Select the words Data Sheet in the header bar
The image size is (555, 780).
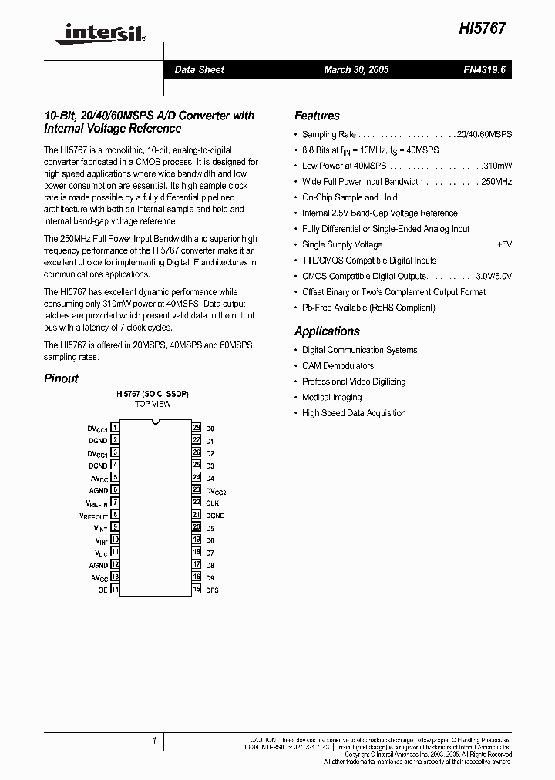199,69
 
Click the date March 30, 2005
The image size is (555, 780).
356,69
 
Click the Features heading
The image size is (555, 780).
317,116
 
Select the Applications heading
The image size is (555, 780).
327,331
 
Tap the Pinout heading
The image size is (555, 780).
61,378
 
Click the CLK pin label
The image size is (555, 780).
212,503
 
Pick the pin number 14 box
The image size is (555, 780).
115,590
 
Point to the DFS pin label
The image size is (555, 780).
212,590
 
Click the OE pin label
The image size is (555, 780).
103,590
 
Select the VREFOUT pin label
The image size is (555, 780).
94,515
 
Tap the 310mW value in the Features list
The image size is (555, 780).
498,166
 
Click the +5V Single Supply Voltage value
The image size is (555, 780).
504,244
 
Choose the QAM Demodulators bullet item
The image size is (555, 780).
338,366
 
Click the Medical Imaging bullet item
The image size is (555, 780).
331,397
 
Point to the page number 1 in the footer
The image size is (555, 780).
154,741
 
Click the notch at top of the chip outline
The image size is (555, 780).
156,421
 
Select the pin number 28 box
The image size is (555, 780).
197,427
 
